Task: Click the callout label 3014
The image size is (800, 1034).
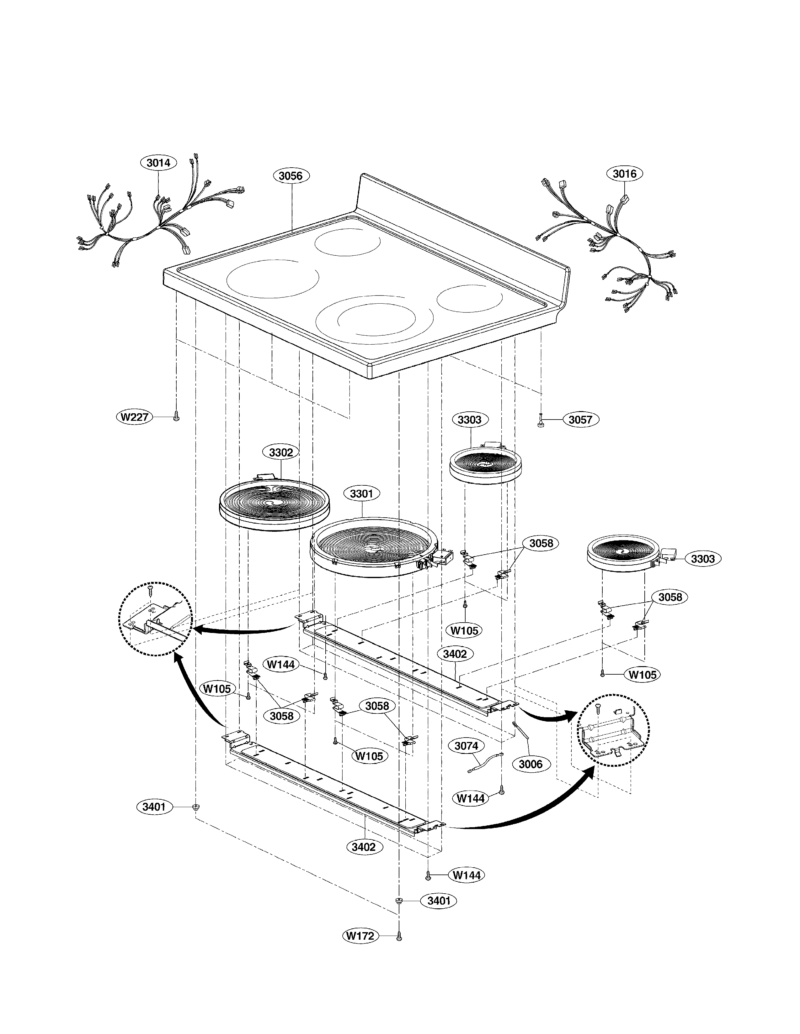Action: (x=158, y=163)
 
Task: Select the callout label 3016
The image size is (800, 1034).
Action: (x=624, y=174)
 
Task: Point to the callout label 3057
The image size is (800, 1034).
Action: (x=580, y=420)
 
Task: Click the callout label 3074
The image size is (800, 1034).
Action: (x=466, y=746)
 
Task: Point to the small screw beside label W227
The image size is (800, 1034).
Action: (x=177, y=417)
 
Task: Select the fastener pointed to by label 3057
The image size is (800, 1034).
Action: (x=540, y=422)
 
